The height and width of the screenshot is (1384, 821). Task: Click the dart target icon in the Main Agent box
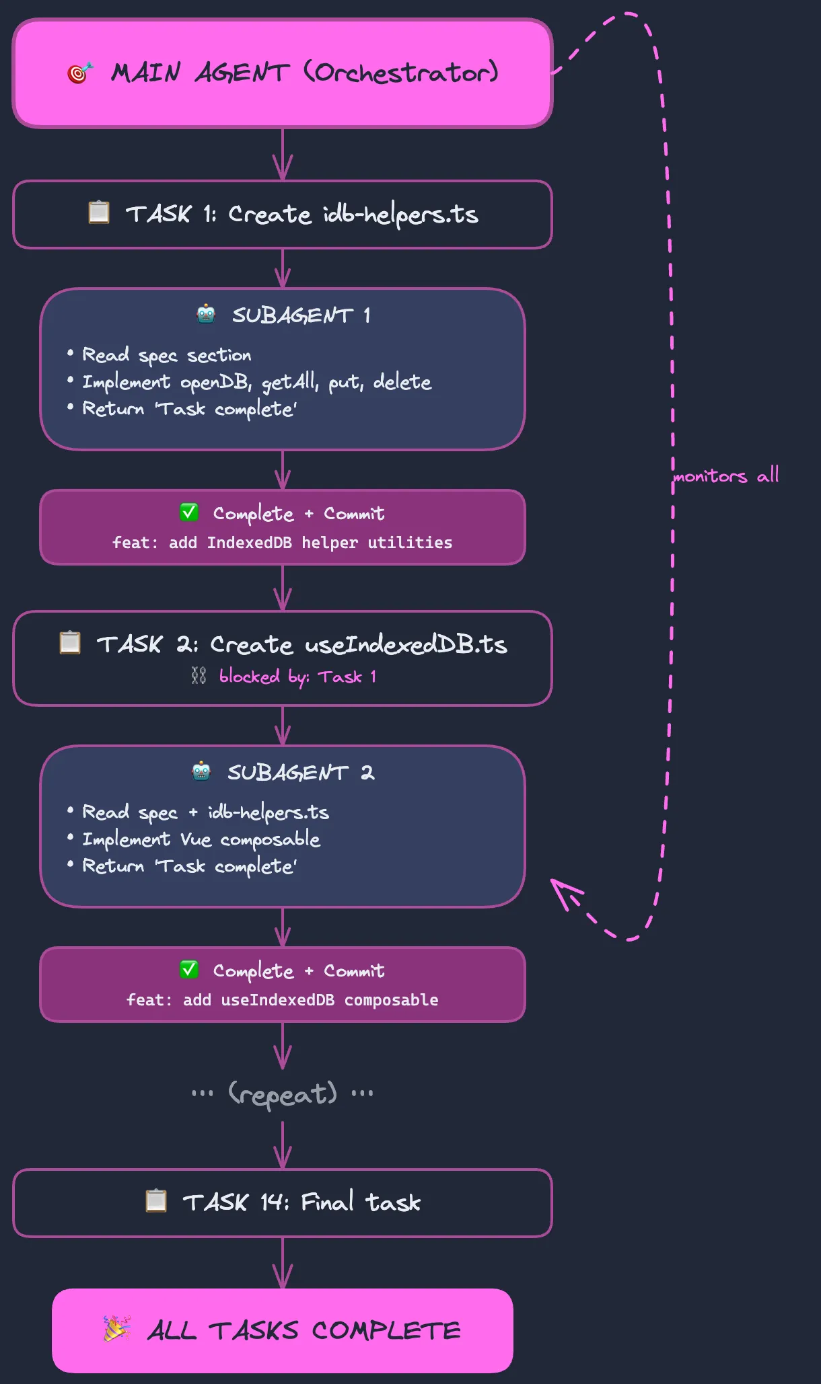coord(79,72)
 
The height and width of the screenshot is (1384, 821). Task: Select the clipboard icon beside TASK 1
coord(99,213)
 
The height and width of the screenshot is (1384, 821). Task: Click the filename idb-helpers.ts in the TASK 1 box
coord(400,215)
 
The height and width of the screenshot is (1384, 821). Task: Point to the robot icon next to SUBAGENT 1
coord(206,314)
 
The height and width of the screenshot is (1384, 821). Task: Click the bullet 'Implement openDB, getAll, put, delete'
coord(256,382)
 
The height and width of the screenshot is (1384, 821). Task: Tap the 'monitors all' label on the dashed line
coord(726,475)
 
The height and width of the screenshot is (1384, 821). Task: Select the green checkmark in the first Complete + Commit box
coord(189,512)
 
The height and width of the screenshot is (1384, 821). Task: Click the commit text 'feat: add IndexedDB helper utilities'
coord(282,543)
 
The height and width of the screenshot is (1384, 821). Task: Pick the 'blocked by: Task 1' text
coord(297,677)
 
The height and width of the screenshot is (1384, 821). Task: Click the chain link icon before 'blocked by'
coord(199,675)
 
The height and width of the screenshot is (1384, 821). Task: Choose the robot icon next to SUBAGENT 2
coord(201,771)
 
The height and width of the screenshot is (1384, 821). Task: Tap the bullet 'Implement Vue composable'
coord(201,839)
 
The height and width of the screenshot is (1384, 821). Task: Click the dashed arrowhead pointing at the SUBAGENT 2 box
coord(562,890)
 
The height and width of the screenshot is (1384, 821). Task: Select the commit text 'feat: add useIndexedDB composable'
coord(282,1000)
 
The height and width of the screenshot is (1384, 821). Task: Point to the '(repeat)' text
coord(283,1094)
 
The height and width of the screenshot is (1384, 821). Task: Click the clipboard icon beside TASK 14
coord(156,1200)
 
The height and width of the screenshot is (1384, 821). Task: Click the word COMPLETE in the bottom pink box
coord(386,1330)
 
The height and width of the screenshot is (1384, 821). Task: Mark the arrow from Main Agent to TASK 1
coord(283,155)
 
